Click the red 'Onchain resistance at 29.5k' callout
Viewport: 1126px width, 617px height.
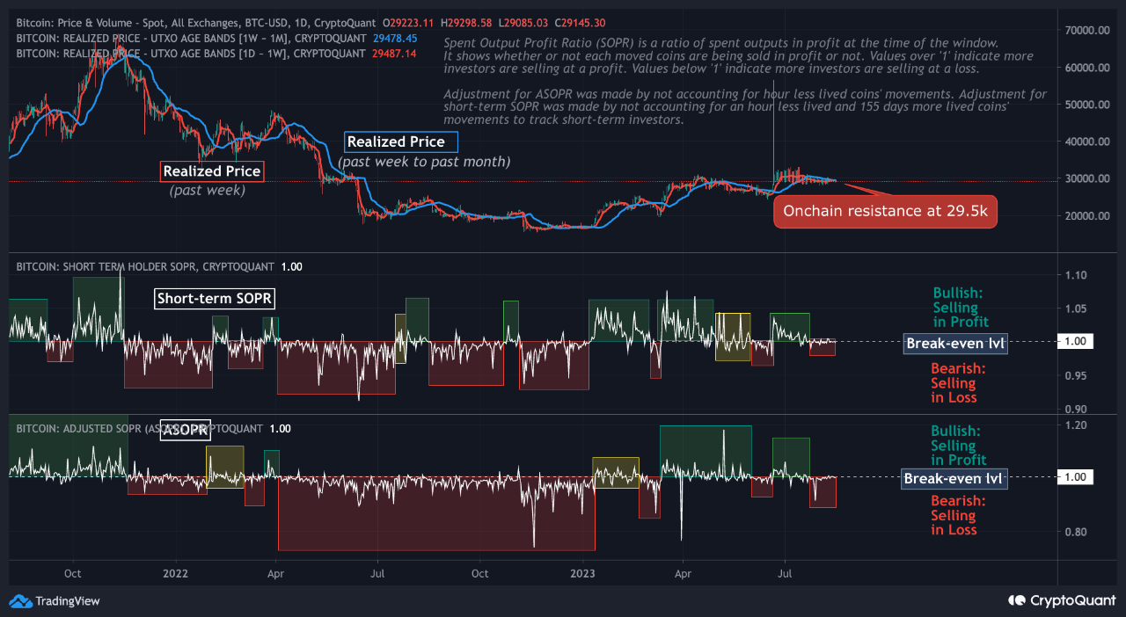click(x=885, y=211)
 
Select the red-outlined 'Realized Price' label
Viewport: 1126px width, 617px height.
click(x=211, y=171)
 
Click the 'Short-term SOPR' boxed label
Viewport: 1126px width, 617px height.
click(x=215, y=299)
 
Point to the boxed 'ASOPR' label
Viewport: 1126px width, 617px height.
click(x=185, y=431)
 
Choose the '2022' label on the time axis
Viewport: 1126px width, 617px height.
click(x=176, y=573)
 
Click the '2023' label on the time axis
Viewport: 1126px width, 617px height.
click(x=582, y=573)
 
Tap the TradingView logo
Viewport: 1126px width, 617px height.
click(x=55, y=601)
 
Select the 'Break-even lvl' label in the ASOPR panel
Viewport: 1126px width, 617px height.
click(x=954, y=479)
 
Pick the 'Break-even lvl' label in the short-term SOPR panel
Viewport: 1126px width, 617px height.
click(x=954, y=344)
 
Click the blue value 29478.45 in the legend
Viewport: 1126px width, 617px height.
click(x=395, y=39)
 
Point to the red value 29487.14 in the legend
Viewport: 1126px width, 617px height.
click(x=394, y=54)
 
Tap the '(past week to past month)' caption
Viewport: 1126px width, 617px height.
click(x=424, y=162)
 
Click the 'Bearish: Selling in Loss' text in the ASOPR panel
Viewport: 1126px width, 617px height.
click(x=958, y=515)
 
